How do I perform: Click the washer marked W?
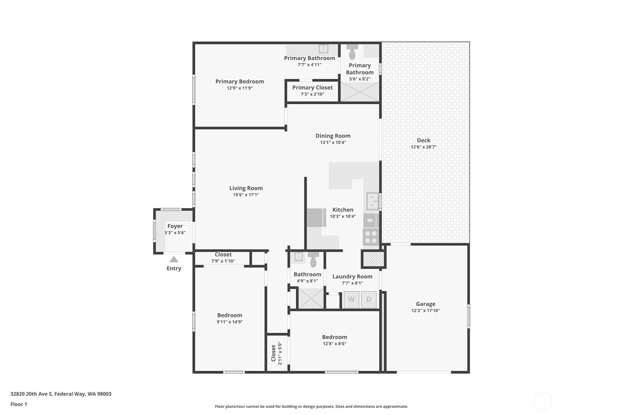click(x=351, y=299)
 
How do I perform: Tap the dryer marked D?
click(x=369, y=299)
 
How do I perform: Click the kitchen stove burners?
click(x=371, y=237)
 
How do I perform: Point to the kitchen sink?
click(x=373, y=201)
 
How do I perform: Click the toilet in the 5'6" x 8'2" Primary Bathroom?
click(x=352, y=52)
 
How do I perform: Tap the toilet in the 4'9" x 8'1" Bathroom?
click(x=313, y=259)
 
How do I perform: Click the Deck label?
click(x=424, y=141)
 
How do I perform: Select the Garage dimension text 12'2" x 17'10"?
click(x=425, y=310)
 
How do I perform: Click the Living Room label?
click(x=246, y=188)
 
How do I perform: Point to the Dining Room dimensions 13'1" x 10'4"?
click(x=333, y=142)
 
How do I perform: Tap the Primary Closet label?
click(x=312, y=88)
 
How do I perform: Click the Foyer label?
click(x=175, y=226)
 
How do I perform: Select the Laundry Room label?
click(x=352, y=277)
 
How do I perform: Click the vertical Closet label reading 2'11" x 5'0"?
click(x=276, y=353)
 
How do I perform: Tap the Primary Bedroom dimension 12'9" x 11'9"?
click(x=240, y=88)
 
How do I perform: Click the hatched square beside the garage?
click(x=373, y=259)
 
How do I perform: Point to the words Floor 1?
click(x=19, y=404)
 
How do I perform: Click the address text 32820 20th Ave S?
click(x=32, y=394)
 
